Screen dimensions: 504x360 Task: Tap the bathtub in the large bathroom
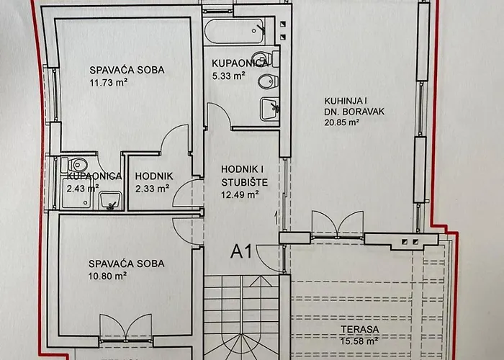[x=234, y=31]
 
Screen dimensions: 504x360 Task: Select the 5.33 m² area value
[x=228, y=76]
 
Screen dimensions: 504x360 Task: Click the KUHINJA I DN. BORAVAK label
[x=354, y=106]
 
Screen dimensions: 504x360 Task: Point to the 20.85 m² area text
[x=342, y=122]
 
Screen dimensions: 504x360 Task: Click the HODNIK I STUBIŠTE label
[x=244, y=176]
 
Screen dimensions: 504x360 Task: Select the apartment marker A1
[x=241, y=251]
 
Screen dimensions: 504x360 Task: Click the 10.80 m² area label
[x=107, y=276]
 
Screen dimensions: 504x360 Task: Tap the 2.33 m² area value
[x=152, y=189]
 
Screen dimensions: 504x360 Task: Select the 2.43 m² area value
[x=83, y=188]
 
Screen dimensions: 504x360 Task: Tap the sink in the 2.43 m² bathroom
[x=111, y=201]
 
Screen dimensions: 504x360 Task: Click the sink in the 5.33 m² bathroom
[x=270, y=109]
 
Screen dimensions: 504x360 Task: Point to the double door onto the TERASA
[x=337, y=225]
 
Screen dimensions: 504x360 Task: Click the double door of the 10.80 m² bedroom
[x=125, y=328]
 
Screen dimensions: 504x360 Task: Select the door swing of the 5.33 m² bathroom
[x=219, y=116]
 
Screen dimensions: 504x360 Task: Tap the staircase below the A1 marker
[x=241, y=317]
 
